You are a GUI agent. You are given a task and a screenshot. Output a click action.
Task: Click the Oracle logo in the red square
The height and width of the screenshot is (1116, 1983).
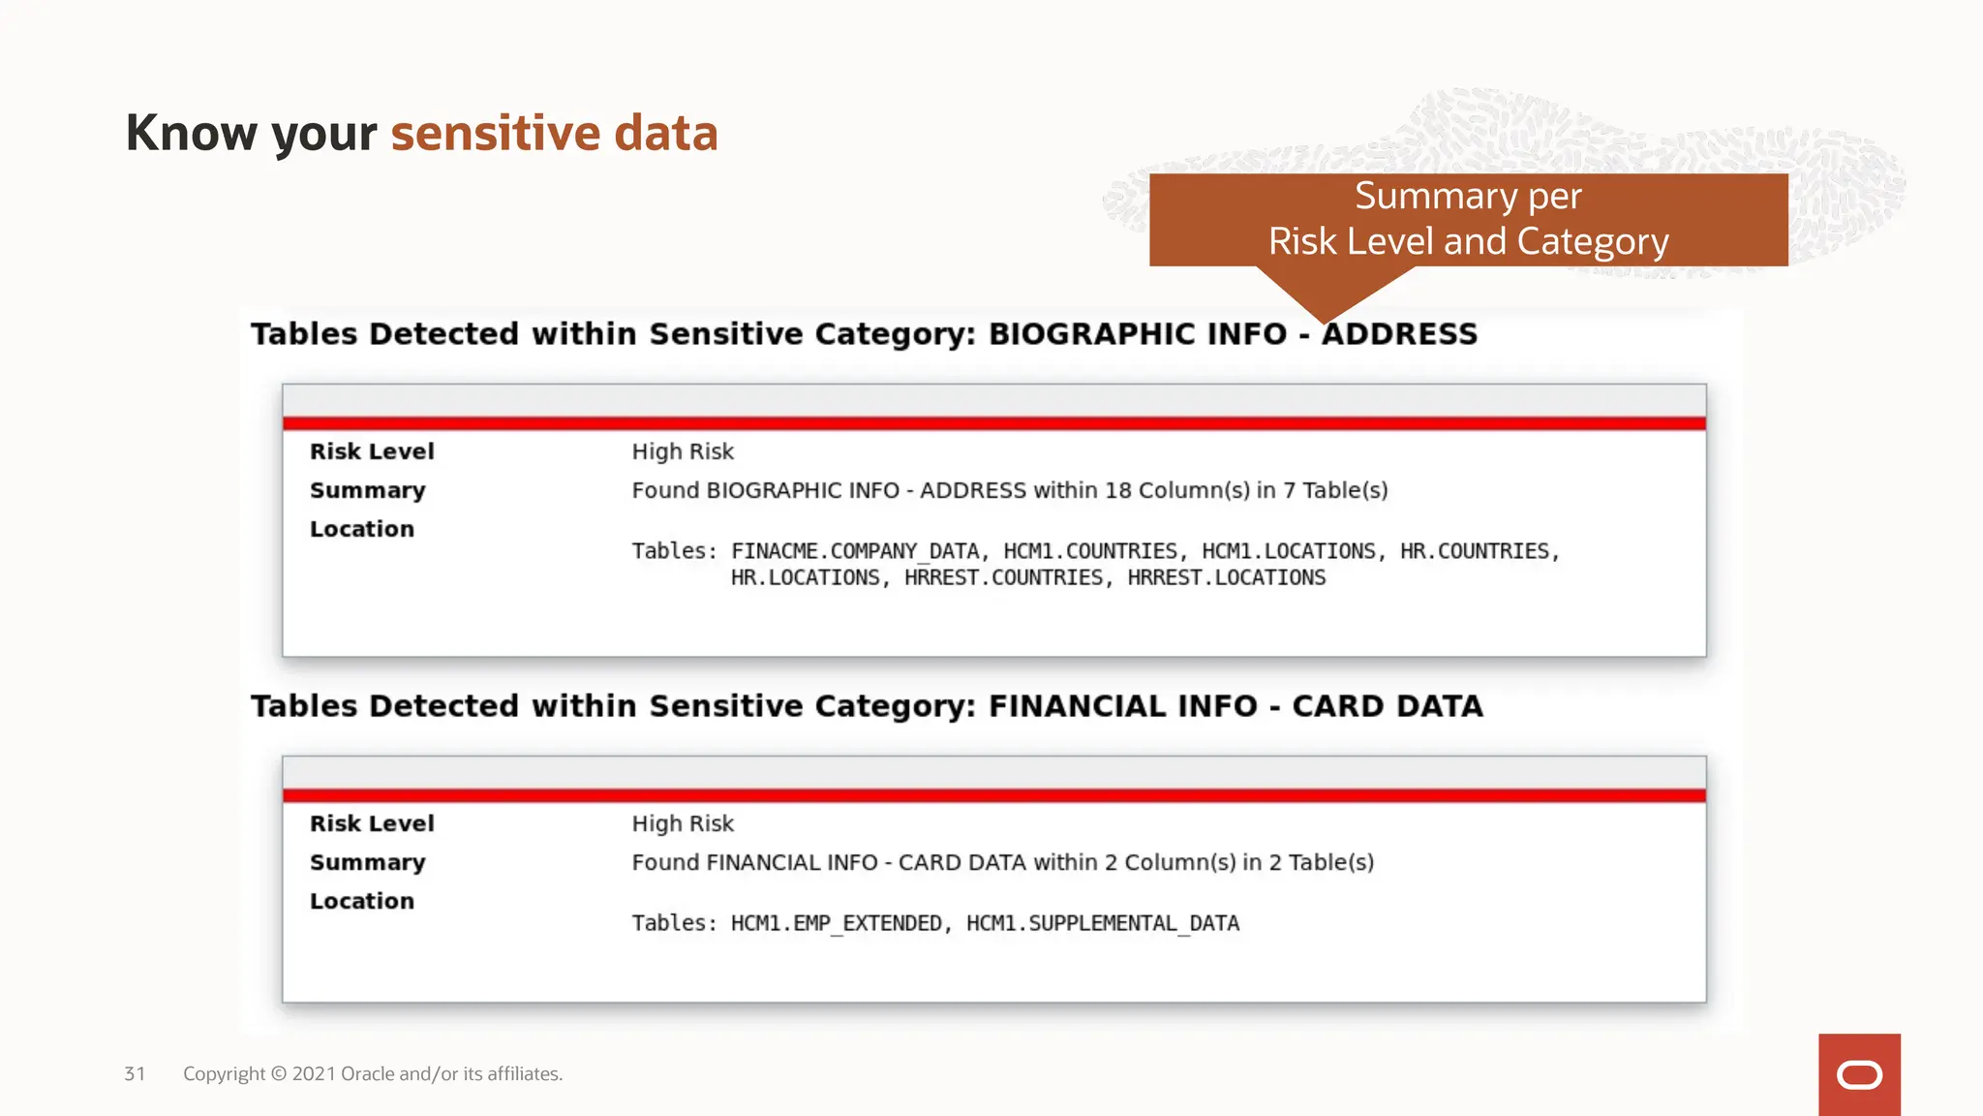1859,1074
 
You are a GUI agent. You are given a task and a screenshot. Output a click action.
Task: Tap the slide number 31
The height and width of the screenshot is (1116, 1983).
135,1073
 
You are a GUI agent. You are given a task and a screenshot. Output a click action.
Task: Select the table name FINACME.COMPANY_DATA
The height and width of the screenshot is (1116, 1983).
855,551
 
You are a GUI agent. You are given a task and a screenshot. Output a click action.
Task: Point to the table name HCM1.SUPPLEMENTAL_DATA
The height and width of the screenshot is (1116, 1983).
1103,923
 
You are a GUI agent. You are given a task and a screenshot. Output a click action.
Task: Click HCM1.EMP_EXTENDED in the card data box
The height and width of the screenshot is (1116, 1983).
836,923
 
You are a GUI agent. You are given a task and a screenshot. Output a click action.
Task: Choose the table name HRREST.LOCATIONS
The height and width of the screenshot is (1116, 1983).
1226,577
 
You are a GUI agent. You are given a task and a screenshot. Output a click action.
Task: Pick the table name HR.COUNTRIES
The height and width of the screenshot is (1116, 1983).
1475,551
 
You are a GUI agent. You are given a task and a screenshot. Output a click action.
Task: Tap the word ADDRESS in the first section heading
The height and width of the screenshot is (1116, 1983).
1400,334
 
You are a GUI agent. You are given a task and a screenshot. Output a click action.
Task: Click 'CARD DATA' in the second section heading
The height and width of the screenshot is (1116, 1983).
1387,706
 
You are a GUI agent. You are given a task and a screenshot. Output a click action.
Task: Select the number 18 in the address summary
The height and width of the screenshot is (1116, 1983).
1117,490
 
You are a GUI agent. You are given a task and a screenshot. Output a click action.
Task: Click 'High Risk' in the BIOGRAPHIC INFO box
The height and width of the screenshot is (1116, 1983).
683,451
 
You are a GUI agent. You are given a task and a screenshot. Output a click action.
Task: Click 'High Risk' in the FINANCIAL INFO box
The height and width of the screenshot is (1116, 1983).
683,823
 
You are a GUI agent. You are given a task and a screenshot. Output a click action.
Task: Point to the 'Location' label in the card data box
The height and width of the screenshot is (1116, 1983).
362,901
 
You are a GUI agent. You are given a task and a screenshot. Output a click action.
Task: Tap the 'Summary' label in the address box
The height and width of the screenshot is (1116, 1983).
368,490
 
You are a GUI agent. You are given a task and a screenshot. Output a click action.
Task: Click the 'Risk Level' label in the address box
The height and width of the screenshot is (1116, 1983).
372,451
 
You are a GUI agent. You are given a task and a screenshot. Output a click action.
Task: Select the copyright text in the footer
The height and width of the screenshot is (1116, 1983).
373,1073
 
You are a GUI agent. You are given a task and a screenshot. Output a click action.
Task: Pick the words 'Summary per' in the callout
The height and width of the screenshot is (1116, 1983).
1468,196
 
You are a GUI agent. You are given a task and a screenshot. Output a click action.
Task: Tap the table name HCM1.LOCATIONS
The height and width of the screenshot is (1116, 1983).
1288,551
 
